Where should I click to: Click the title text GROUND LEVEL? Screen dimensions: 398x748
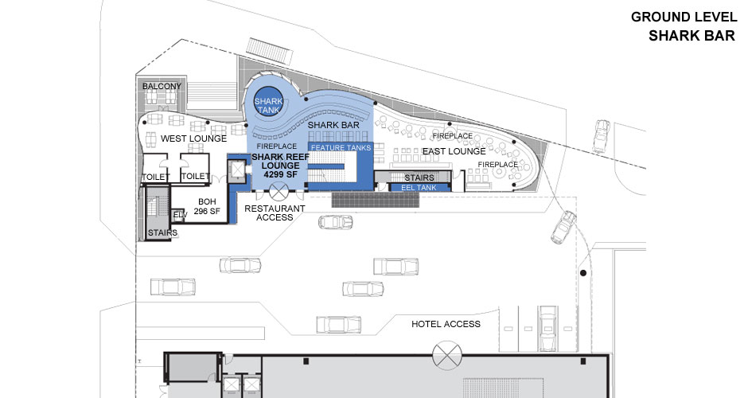click(682, 17)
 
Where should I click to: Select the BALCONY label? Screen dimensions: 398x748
click(162, 86)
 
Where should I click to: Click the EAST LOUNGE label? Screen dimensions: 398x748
click(454, 151)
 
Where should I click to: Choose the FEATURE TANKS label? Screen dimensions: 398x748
click(341, 148)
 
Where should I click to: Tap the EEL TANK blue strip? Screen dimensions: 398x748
click(418, 187)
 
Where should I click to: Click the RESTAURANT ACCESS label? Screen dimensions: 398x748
click(275, 213)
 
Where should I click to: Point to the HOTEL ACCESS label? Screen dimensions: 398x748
click(446, 324)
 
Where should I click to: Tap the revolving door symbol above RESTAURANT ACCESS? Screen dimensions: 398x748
click(279, 191)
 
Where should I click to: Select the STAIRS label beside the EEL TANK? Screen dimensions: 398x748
click(419, 177)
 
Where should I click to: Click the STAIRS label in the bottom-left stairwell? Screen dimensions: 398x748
click(162, 233)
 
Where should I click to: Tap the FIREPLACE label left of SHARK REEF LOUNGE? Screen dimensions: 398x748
click(278, 146)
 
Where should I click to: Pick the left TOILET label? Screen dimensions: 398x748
click(156, 177)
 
